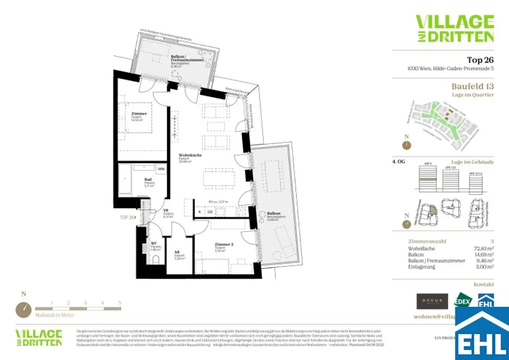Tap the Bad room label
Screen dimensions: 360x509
pyautogui.click(x=148, y=180)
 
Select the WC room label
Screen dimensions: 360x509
pyautogui.click(x=154, y=243)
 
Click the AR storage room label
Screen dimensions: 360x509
pyautogui.click(x=177, y=252)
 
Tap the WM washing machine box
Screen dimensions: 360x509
pyautogui.click(x=161, y=170)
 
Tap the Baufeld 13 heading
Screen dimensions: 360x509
pyautogui.click(x=472, y=87)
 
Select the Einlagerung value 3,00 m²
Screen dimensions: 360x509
pyautogui.click(x=484, y=267)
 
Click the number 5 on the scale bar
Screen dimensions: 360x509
pyautogui.click(x=120, y=303)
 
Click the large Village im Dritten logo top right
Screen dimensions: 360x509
pyautogui.click(x=454, y=28)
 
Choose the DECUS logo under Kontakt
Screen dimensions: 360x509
pyautogui.click(x=431, y=301)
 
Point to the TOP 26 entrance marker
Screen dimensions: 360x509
pyautogui.click(x=128, y=217)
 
